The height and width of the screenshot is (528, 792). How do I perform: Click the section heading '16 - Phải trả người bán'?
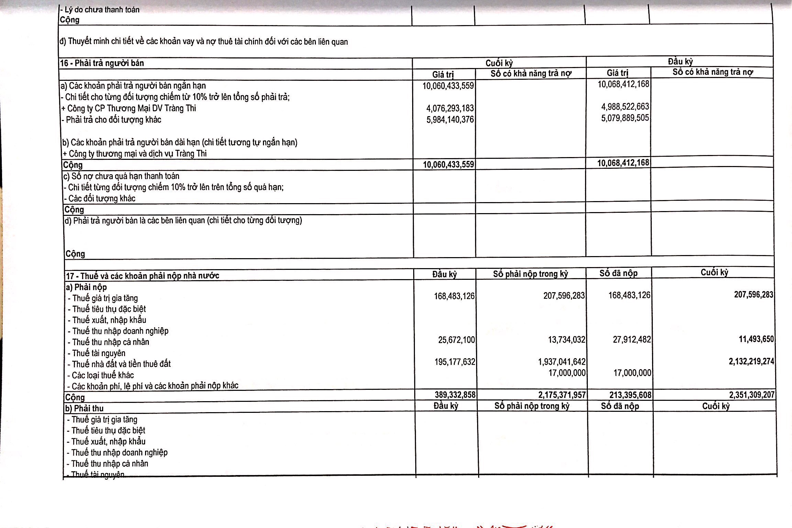pyautogui.click(x=102, y=63)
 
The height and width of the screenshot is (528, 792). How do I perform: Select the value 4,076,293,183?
pyautogui.click(x=450, y=108)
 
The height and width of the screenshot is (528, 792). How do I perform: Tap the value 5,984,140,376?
pyautogui.click(x=450, y=120)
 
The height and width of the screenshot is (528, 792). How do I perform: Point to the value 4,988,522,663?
pyautogui.click(x=625, y=107)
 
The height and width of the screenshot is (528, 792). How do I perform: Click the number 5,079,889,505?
pyautogui.click(x=625, y=118)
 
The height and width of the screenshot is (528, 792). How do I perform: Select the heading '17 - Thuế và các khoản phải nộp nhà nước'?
pyautogui.click(x=143, y=276)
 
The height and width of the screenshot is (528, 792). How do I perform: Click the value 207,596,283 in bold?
pyautogui.click(x=753, y=295)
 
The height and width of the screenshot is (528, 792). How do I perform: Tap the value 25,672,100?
pyautogui.click(x=456, y=340)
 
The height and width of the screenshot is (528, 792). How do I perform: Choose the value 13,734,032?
pyautogui.click(x=566, y=340)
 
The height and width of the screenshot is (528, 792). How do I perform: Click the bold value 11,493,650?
pyautogui.click(x=756, y=339)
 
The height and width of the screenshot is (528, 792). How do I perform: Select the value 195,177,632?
pyautogui.click(x=454, y=362)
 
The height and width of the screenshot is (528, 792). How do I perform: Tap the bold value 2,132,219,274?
pyautogui.click(x=751, y=361)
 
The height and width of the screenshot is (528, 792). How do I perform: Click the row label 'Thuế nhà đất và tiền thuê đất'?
pyautogui.click(x=121, y=364)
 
